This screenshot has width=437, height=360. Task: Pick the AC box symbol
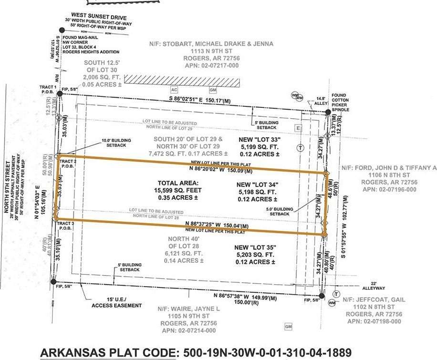(175, 90)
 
